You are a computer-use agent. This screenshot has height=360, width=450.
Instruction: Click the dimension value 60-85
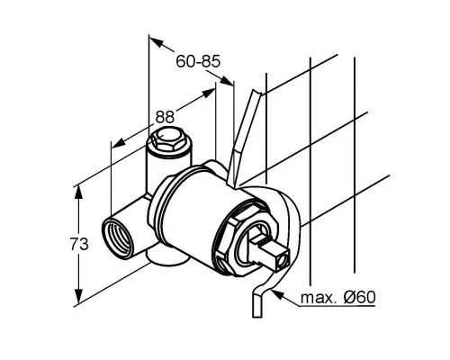coord(198,62)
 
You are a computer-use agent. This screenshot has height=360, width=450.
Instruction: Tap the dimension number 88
coord(164,117)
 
